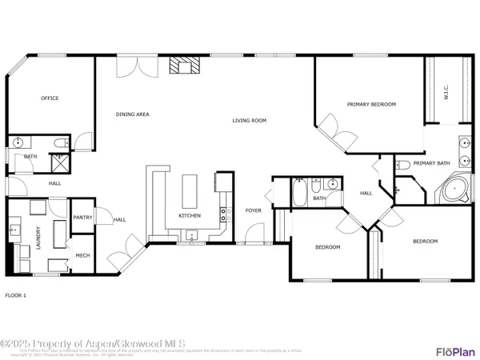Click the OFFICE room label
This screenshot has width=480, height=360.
tap(50, 98)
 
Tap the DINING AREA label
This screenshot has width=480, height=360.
tap(132, 114)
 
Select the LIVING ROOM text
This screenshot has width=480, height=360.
tap(249, 121)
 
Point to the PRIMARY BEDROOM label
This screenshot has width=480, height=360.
tap(371, 104)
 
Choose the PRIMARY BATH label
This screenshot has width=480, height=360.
tap(432, 163)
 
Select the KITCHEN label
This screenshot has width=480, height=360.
tap(190, 215)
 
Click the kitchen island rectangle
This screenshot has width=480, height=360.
tap(190, 190)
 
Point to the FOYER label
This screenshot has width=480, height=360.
tap(253, 210)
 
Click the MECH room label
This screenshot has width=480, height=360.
tap(82, 256)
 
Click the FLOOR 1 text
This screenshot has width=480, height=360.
tap(16, 295)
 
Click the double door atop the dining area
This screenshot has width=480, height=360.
tap(129, 66)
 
